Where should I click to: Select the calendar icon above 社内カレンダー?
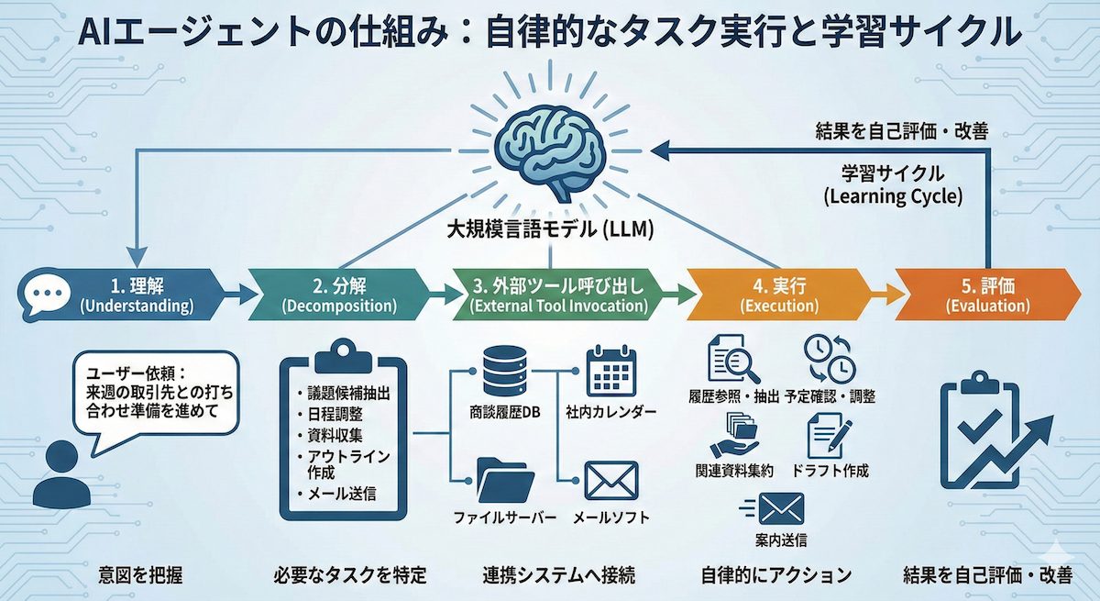(x=610, y=371)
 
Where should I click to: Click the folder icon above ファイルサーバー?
(x=504, y=478)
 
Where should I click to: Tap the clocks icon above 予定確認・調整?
(x=829, y=359)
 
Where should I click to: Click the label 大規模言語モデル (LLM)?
(x=549, y=230)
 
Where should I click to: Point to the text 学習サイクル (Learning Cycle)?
(x=892, y=184)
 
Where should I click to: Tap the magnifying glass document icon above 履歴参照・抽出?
(x=732, y=361)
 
